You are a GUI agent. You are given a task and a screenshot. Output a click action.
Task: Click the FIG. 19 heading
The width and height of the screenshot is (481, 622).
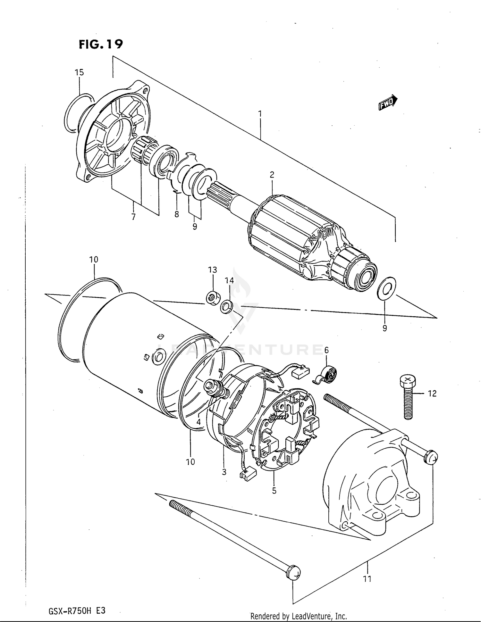(x=101, y=44)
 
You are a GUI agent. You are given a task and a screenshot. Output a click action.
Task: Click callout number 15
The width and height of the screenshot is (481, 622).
(x=79, y=72)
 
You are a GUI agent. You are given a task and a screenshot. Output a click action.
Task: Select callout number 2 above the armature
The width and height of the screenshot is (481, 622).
(x=272, y=175)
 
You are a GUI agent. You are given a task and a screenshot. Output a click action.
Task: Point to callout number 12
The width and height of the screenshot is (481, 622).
(x=432, y=393)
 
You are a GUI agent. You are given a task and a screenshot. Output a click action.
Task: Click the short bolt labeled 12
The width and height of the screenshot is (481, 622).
(x=408, y=397)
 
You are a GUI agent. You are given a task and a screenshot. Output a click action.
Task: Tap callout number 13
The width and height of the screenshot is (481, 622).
(x=213, y=270)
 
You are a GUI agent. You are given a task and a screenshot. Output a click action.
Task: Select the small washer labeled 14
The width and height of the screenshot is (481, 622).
(x=226, y=306)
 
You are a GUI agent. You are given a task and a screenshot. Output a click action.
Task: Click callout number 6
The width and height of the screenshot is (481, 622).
(x=326, y=350)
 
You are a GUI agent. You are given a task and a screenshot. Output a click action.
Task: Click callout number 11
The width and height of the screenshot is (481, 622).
(x=367, y=579)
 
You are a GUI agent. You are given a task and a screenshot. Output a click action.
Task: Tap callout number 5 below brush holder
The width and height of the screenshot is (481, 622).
(x=274, y=491)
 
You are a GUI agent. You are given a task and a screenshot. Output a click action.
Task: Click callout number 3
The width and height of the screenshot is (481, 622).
(x=224, y=471)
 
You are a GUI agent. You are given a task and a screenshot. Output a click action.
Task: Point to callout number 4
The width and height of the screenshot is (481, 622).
(x=198, y=422)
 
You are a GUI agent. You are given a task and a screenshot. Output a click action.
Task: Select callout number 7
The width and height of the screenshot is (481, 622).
(x=133, y=217)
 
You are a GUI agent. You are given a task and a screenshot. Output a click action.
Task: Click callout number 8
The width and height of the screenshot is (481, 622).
(x=177, y=214)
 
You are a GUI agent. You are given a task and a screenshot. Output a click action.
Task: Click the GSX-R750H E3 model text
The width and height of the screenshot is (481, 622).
(x=77, y=611)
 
